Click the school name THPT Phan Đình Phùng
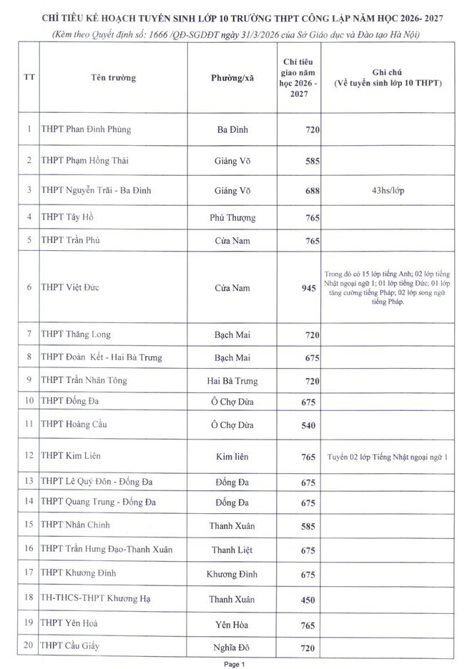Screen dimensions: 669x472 pyautogui.click(x=86, y=129)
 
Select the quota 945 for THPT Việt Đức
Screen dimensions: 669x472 pyautogui.click(x=309, y=288)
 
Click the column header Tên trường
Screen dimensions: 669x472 pyautogui.click(x=113, y=78)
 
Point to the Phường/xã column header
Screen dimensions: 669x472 pyautogui.click(x=232, y=78)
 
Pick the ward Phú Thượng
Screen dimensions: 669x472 pyautogui.click(x=232, y=217)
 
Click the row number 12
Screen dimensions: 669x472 pyautogui.click(x=29, y=455)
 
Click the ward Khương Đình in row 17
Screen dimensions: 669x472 pyautogui.click(x=232, y=574)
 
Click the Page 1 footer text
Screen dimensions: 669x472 pyautogui.click(x=235, y=664)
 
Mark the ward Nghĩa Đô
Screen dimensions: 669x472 pyautogui.click(x=232, y=647)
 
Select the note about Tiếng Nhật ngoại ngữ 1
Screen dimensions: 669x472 pyautogui.click(x=387, y=456)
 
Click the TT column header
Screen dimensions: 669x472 pyautogui.click(x=29, y=78)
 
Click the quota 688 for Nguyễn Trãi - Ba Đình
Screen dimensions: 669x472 pyautogui.click(x=309, y=191)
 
